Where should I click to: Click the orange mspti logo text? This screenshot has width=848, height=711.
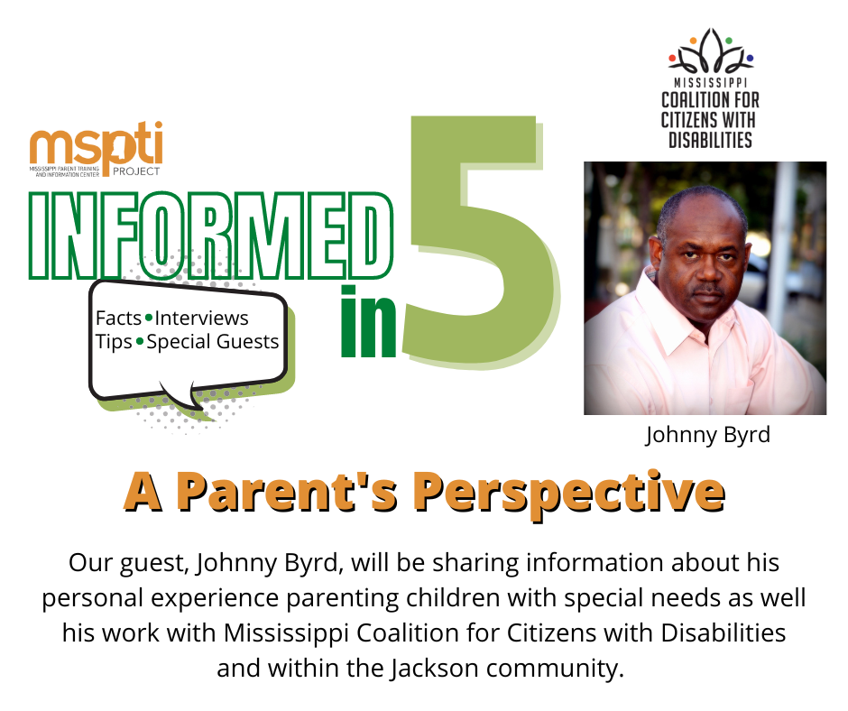click(96, 144)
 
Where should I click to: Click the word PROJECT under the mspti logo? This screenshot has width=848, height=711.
click(136, 171)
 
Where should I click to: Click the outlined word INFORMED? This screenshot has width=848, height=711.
click(211, 235)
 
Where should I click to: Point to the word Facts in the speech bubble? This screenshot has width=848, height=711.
click(118, 319)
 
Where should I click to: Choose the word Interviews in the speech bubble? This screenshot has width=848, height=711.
click(201, 319)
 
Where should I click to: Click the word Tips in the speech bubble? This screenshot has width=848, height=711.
click(114, 342)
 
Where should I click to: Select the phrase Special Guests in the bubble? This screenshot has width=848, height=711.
click(213, 342)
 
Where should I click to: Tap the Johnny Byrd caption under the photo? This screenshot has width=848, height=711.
click(707, 435)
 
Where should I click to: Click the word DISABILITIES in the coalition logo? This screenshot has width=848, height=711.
click(710, 140)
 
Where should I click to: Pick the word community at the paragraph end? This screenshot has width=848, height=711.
click(555, 669)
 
